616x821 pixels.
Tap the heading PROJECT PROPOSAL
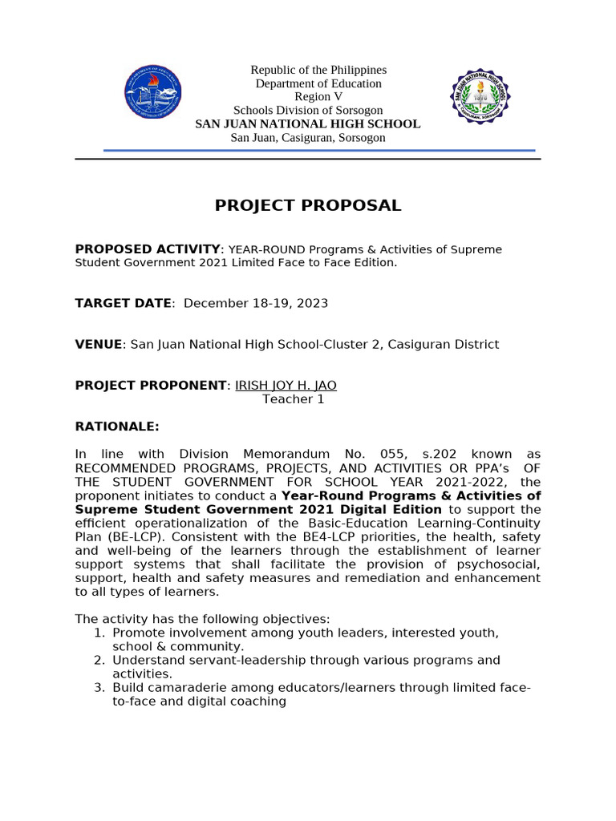308,205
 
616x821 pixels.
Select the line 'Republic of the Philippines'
318,71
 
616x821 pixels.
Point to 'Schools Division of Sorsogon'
308,110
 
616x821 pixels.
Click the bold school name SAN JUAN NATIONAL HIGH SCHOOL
308,123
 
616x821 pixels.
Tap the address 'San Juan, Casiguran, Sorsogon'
308,137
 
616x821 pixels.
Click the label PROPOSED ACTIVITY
147,249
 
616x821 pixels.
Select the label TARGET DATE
123,303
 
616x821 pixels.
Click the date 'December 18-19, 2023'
256,303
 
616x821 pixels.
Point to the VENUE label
99,344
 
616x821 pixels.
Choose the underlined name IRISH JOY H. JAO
286,385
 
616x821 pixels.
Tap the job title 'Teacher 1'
294,398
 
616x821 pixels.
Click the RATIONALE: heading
117,427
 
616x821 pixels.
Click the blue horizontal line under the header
308,150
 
